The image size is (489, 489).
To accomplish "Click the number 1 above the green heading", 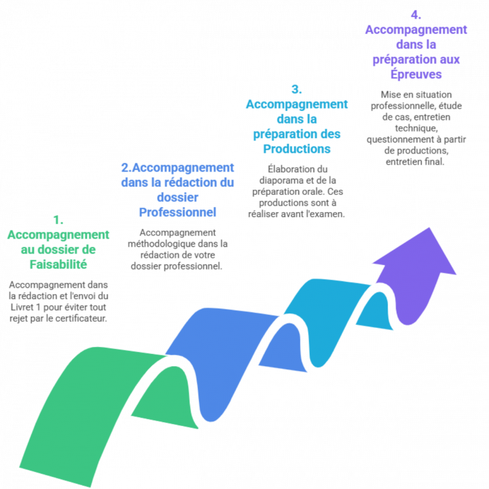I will point(58,220).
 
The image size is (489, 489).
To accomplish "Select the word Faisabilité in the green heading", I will point(58,264).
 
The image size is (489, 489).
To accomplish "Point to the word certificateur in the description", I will point(82,318).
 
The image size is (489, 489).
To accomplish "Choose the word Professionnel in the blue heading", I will point(178,212).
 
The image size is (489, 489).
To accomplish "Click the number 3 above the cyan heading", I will point(296,89).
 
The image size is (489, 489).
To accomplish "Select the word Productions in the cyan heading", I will point(297,148).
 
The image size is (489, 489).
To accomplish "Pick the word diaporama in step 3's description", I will point(276,180).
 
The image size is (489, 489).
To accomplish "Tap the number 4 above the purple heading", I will point(416,14).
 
